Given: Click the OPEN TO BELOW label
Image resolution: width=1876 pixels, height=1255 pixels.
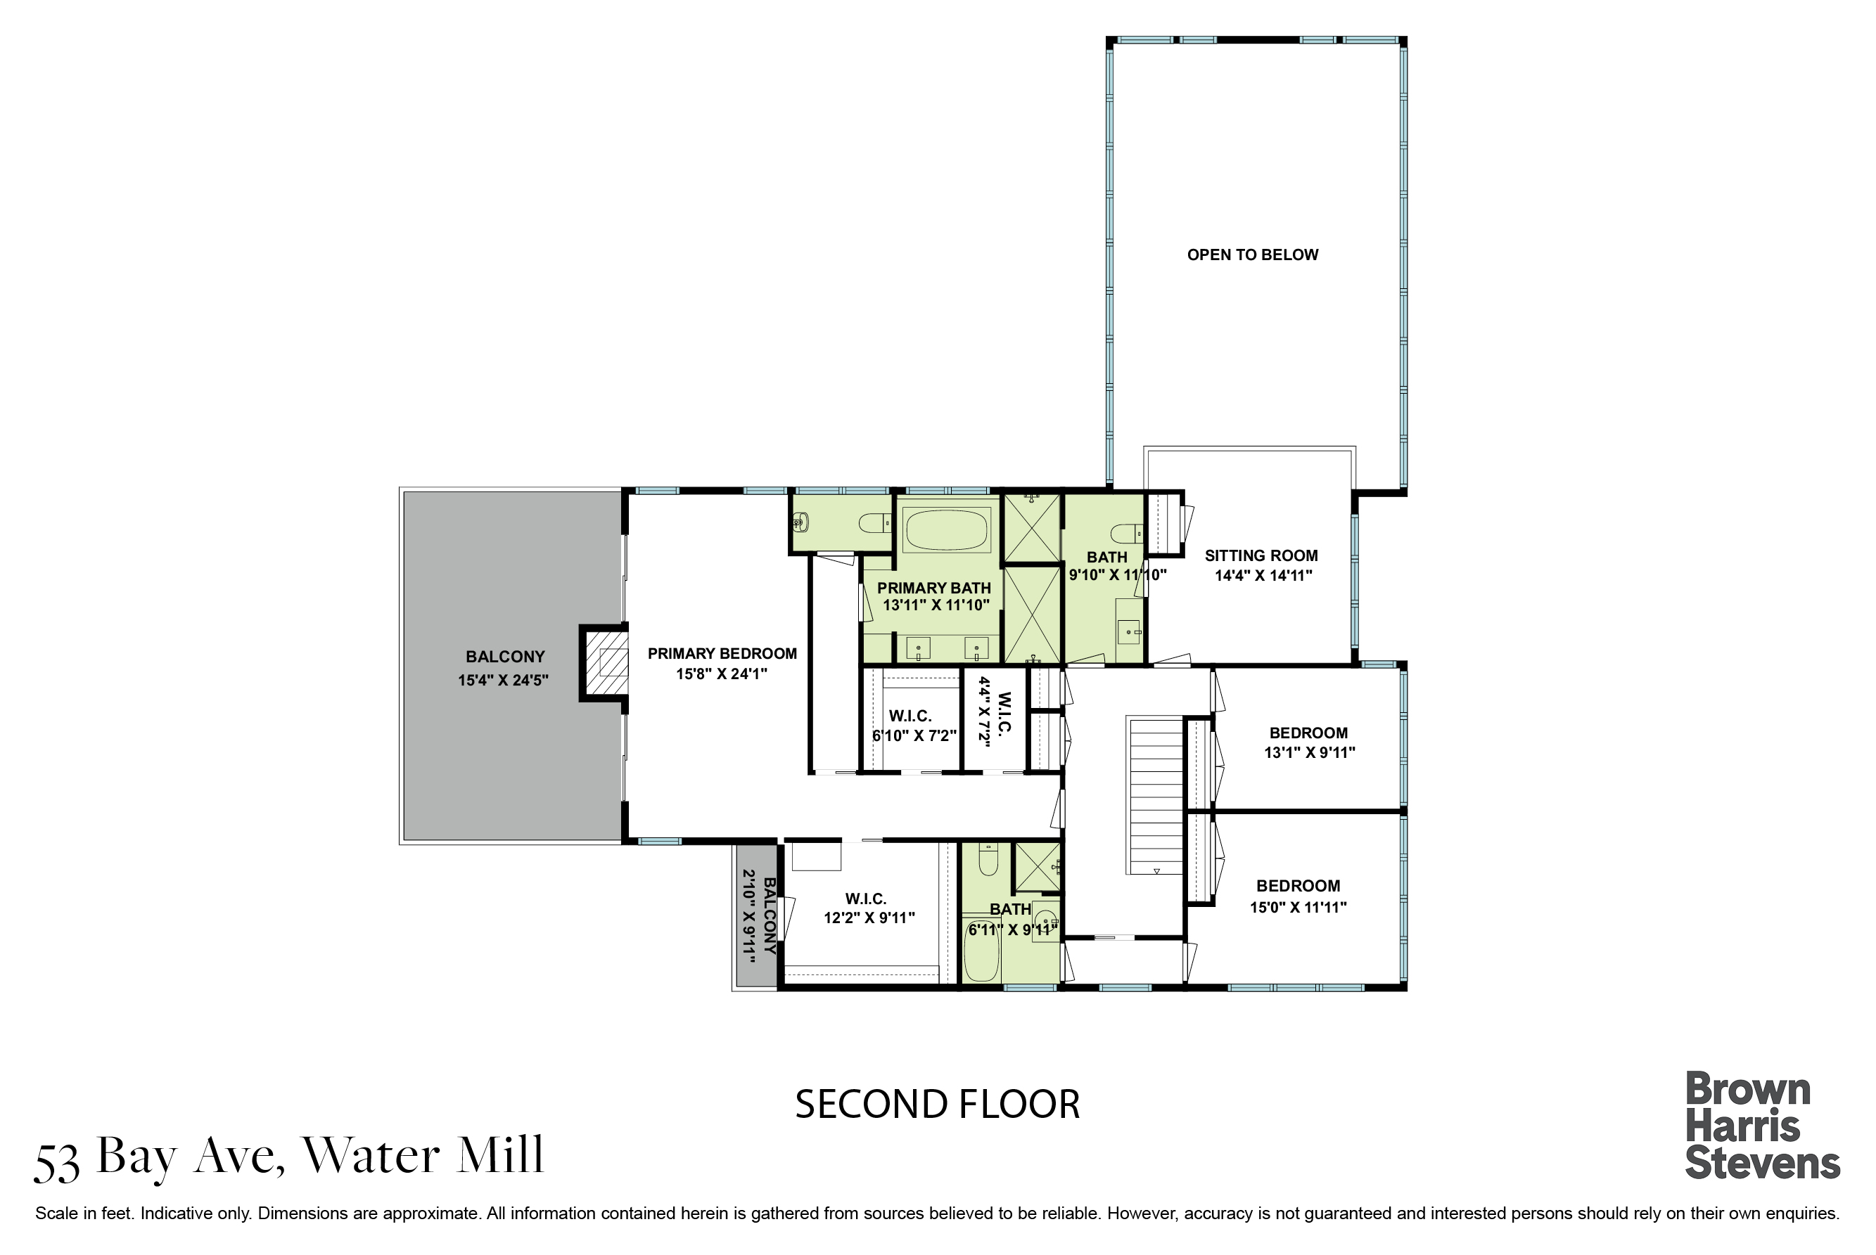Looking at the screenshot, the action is [1252, 255].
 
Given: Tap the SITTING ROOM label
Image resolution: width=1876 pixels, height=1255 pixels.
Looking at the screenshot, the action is [1261, 555].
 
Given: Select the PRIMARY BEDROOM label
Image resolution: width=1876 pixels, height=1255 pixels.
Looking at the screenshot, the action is [722, 654].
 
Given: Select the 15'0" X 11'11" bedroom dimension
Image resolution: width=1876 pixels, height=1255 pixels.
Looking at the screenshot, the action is [1298, 907].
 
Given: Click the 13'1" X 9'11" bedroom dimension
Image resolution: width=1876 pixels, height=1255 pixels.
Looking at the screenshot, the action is [1309, 752].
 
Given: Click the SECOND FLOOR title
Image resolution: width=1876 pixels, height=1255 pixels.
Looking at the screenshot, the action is [938, 1105].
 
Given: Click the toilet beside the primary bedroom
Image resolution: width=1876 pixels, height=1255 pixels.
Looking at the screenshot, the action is [874, 524].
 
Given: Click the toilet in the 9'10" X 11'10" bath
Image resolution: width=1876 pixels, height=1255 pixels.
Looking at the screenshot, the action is [1128, 532].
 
